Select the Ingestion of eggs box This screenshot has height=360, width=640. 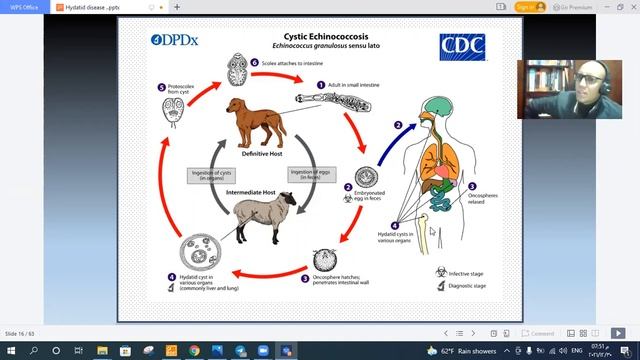[x=311, y=174]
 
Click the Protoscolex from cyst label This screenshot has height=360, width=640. [x=183, y=90]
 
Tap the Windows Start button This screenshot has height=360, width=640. [x=10, y=351]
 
